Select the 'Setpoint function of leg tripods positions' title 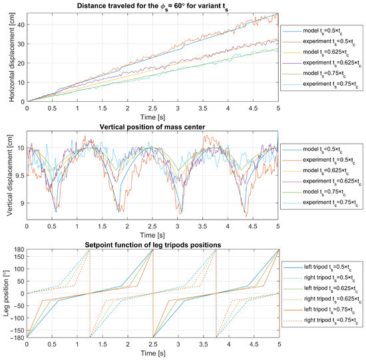click(x=152, y=244)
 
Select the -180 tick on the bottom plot click(x=17, y=337)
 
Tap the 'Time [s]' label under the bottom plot click(x=152, y=355)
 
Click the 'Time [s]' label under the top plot click(x=152, y=117)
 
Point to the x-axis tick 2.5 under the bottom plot click(x=152, y=345)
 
